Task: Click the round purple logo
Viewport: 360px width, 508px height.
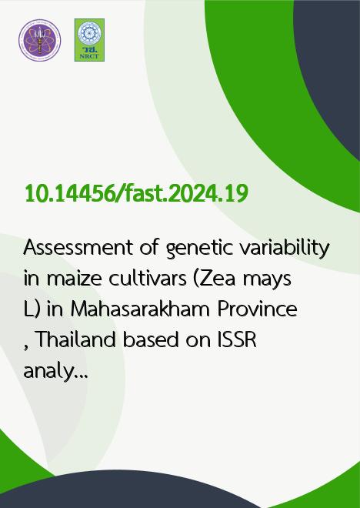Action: [x=39, y=40]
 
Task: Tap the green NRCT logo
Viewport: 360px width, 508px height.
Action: [x=89, y=40]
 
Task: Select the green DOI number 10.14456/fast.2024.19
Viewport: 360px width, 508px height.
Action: [x=136, y=193]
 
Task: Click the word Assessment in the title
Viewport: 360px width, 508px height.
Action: [x=78, y=248]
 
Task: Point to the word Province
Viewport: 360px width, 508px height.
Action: [x=257, y=309]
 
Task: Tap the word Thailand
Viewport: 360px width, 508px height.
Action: [x=75, y=339]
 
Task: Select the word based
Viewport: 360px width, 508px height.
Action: [x=151, y=339]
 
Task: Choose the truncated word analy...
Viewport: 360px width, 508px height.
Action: [x=55, y=371]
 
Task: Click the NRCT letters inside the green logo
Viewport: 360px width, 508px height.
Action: [x=89, y=56]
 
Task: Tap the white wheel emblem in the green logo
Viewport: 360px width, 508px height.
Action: [x=89, y=33]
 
